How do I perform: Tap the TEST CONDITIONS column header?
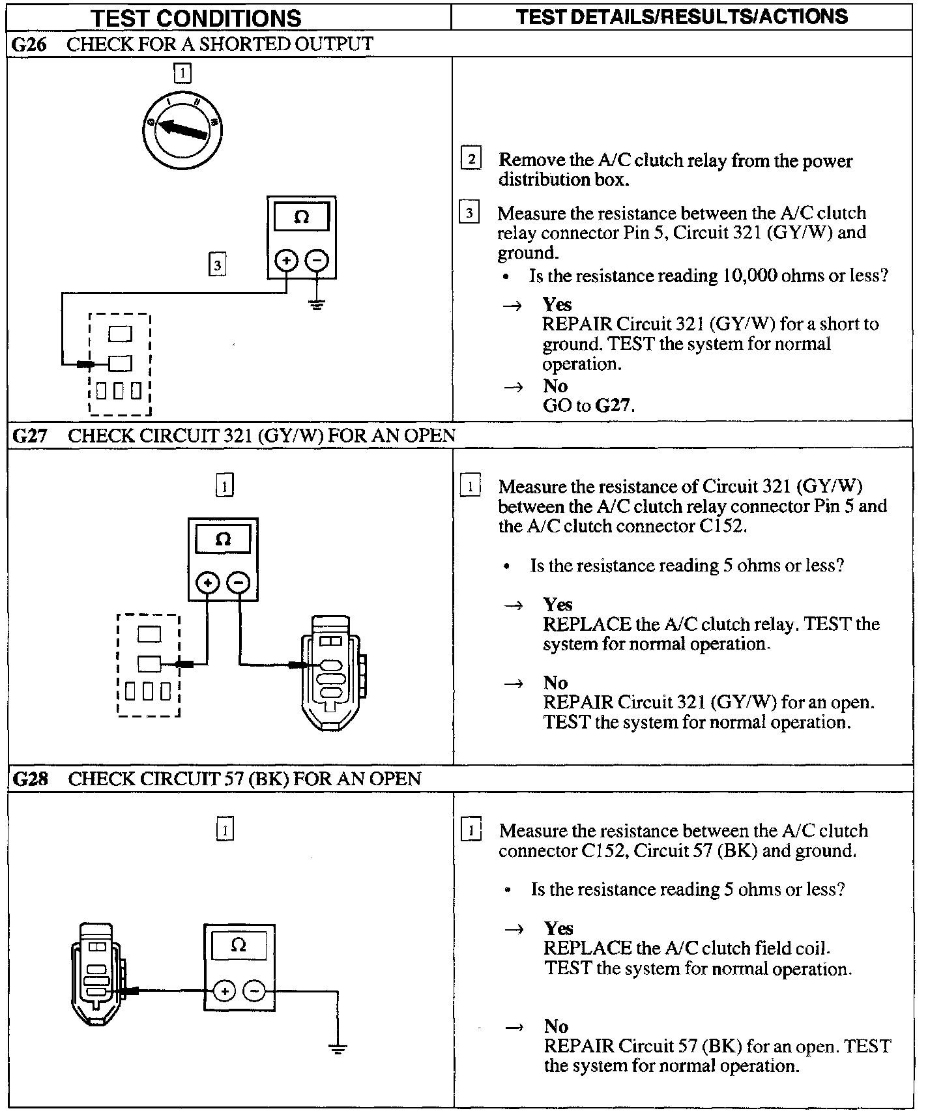(x=196, y=18)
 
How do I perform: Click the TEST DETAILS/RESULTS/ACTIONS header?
(x=682, y=16)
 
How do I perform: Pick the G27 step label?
(x=30, y=435)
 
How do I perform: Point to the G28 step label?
(x=30, y=779)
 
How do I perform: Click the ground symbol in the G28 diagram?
(x=338, y=1048)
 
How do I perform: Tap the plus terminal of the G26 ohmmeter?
(x=286, y=261)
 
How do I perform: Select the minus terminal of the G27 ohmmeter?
(x=239, y=582)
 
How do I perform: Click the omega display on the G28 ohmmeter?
(x=239, y=946)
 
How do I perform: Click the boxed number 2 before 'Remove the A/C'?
(x=471, y=158)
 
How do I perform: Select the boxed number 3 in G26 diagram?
(x=217, y=265)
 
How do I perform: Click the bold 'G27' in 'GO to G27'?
(x=614, y=405)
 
